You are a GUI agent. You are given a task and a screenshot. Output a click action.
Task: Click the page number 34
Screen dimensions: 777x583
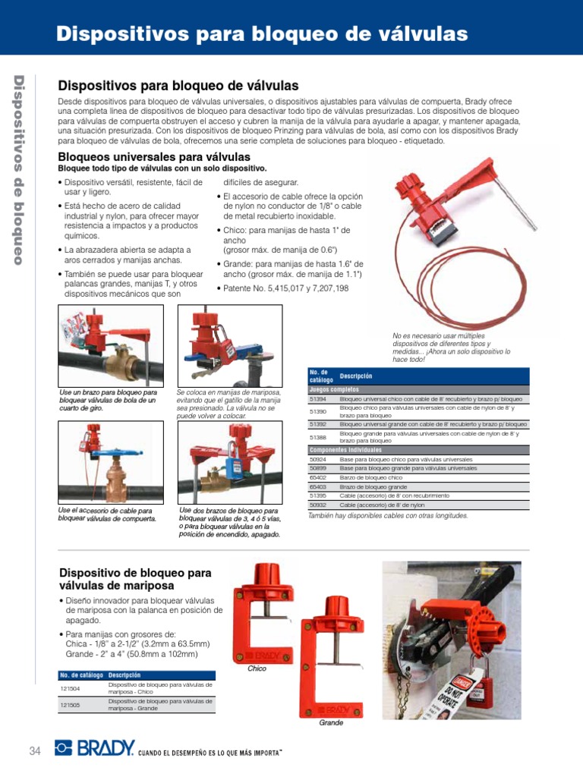(34, 750)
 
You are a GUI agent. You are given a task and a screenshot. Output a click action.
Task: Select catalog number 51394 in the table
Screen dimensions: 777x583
(317, 398)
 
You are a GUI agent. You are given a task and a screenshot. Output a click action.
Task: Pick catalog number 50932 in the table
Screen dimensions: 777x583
(317, 504)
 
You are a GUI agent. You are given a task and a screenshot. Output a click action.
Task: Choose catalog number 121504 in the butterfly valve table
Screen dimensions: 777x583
(71, 688)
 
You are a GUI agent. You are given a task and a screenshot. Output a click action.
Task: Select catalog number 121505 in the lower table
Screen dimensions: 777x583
(71, 705)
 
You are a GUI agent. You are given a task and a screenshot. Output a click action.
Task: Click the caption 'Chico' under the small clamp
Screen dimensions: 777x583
(258, 668)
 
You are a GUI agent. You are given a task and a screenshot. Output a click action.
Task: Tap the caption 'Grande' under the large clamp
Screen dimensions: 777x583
(331, 722)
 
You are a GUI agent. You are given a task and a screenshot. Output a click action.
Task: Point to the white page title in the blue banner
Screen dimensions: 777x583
(263, 33)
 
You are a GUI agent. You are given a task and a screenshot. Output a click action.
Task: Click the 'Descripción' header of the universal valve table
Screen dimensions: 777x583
(356, 376)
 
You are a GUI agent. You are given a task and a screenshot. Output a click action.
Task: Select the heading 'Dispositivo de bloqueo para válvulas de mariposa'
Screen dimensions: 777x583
(135, 579)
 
